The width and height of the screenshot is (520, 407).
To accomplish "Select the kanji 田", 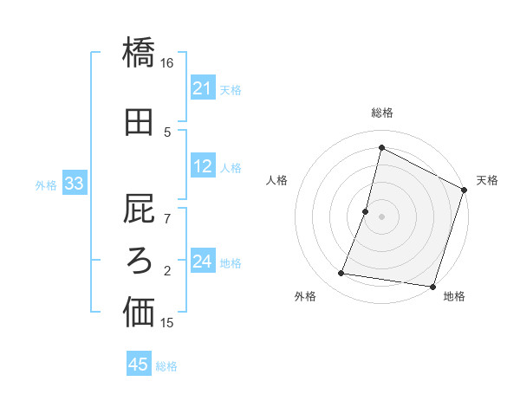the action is pyautogui.click(x=139, y=122).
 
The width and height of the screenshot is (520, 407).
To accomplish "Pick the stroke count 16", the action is pyautogui.click(x=167, y=63).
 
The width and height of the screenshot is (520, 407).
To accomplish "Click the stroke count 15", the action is pyautogui.click(x=167, y=323).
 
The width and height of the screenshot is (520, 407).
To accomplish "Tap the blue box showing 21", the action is pyautogui.click(x=202, y=88).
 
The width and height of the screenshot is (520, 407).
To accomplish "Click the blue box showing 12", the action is pyautogui.click(x=202, y=167).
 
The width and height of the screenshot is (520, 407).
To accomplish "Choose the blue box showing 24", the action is pyautogui.click(x=202, y=262).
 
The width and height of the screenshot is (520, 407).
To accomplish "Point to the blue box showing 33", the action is pyautogui.click(x=74, y=184).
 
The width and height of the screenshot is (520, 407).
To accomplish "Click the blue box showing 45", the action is pyautogui.click(x=139, y=365).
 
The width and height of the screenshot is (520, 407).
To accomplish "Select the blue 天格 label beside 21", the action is pyautogui.click(x=231, y=89).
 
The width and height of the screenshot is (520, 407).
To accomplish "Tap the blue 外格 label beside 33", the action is pyautogui.click(x=46, y=184).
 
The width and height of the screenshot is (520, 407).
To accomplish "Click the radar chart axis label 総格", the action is pyautogui.click(x=382, y=113).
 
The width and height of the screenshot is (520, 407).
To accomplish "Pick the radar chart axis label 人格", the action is pyautogui.click(x=277, y=180).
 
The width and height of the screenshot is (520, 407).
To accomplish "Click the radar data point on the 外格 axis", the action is pyautogui.click(x=341, y=274).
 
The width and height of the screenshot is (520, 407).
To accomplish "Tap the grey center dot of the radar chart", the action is pyautogui.click(x=382, y=216).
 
